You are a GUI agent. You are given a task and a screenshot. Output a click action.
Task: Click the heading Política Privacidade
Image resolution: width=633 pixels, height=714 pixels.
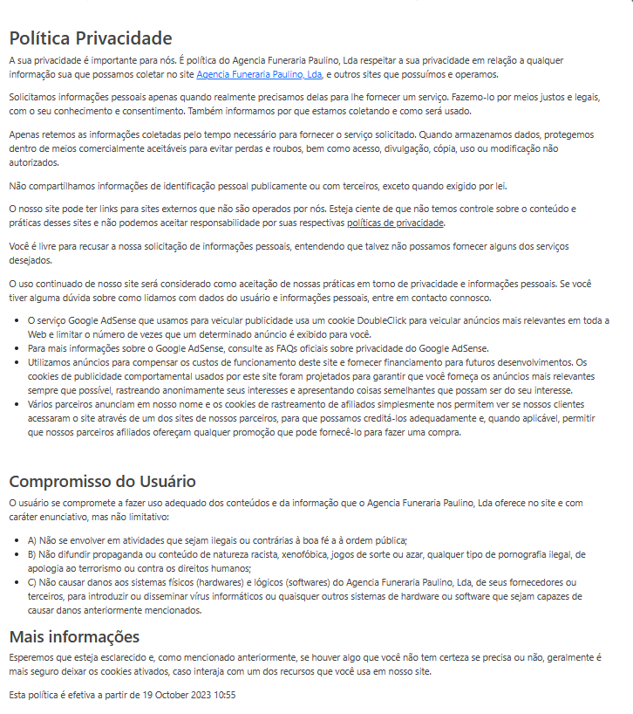(91, 38)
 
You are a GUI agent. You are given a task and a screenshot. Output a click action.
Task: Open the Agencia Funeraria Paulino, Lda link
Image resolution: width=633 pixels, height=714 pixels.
(259, 74)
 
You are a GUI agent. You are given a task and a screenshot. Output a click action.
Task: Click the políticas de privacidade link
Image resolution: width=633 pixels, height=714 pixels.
(396, 223)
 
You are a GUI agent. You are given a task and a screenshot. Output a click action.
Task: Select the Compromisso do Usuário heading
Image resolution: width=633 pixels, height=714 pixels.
(102, 482)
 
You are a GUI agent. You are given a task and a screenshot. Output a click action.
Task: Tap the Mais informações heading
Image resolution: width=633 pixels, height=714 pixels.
(74, 635)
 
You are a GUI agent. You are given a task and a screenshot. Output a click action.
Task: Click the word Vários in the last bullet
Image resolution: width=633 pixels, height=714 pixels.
(42, 404)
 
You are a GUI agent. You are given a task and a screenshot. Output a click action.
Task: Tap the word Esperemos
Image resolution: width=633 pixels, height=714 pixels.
(33, 656)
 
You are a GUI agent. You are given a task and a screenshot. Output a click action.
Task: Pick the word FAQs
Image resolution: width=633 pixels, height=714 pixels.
(302, 348)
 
